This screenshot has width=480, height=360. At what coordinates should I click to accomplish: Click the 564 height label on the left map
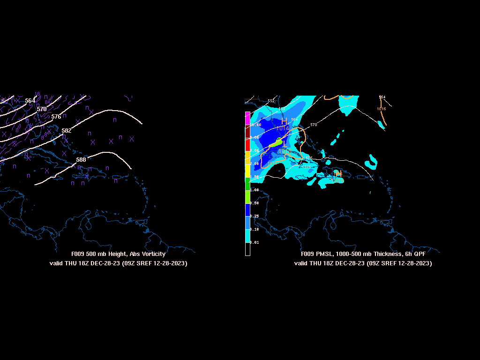[x=30, y=101]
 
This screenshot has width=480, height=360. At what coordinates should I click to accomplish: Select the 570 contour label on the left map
[x=42, y=109]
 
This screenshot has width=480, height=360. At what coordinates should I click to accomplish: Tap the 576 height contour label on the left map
[x=56, y=117]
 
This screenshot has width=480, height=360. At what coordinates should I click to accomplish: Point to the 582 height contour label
[x=67, y=131]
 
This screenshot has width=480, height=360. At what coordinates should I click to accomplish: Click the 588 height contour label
[x=81, y=160]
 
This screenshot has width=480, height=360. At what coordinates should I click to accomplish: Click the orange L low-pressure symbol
[x=285, y=143]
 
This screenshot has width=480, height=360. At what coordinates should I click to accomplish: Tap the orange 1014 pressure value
[x=283, y=128]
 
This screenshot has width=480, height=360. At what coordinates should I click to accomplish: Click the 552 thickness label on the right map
[x=271, y=101]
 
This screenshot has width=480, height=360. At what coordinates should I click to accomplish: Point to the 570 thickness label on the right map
[x=314, y=125]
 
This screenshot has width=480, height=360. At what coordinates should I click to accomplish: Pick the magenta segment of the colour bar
[x=247, y=118]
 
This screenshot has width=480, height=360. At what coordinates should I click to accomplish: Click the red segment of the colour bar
[x=247, y=144]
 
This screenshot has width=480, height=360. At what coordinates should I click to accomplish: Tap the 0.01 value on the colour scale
[x=255, y=242]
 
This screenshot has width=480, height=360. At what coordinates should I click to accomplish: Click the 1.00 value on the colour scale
[x=255, y=190]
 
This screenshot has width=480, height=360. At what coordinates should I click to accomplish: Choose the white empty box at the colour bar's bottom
[x=247, y=249]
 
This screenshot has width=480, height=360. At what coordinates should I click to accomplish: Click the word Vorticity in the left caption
[x=153, y=254]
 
